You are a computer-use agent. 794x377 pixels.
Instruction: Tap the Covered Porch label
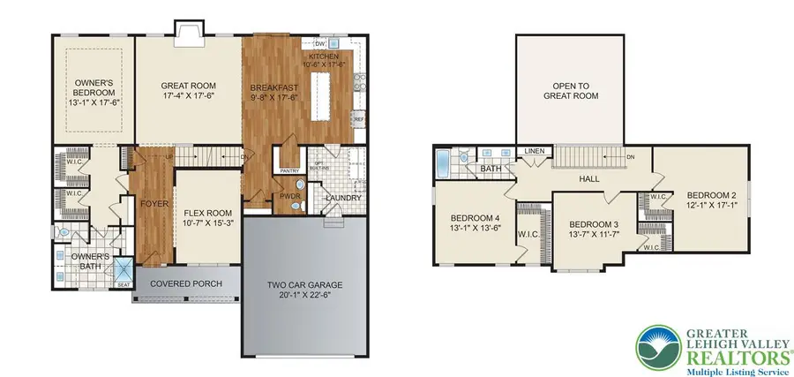(x=184, y=284)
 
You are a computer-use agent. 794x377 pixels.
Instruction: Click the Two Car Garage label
(x=304, y=285)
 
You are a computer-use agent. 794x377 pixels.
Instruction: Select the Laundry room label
(x=341, y=198)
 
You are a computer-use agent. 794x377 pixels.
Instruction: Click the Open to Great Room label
(x=570, y=92)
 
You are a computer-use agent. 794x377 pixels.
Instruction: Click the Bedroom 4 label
(x=476, y=219)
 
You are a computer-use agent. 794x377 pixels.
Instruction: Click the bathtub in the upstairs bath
(x=445, y=162)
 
